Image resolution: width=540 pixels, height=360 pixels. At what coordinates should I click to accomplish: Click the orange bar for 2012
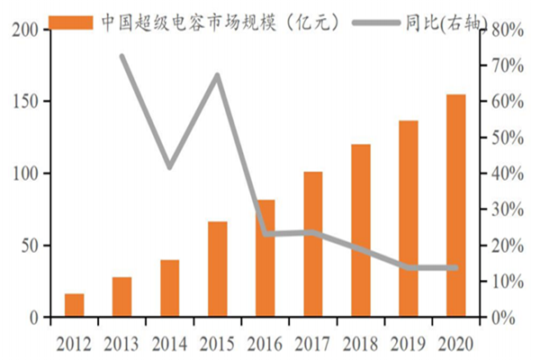point(74,305)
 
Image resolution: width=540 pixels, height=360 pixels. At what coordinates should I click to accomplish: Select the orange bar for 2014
point(169,288)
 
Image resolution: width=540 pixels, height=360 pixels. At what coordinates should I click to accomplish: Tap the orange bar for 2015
point(217,269)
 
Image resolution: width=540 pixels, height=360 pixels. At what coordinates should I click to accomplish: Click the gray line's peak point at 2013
point(121,56)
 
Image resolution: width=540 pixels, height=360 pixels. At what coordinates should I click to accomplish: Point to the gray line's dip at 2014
point(169,167)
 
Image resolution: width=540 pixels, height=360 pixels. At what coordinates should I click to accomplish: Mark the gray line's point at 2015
point(217,75)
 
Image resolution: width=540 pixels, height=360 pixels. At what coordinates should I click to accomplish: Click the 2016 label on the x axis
point(265,342)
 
